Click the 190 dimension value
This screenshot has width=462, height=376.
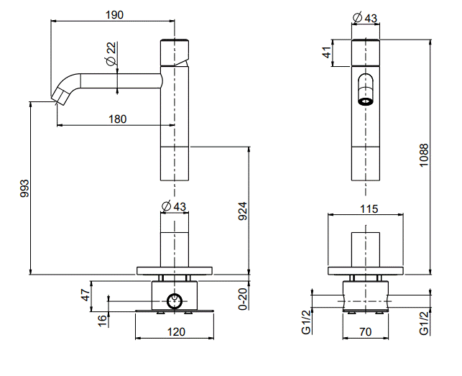(113, 14)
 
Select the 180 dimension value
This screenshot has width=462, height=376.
(118, 119)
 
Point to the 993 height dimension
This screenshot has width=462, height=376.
(24, 188)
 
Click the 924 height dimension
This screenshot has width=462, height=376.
(243, 210)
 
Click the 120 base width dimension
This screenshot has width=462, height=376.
(176, 331)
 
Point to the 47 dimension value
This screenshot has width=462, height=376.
(85, 294)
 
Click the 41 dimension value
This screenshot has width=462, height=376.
(325, 52)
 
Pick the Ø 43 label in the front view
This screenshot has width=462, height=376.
(366, 18)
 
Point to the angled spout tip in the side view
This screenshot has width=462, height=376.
(59, 93)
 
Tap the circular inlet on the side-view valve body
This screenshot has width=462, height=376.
(174, 301)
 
